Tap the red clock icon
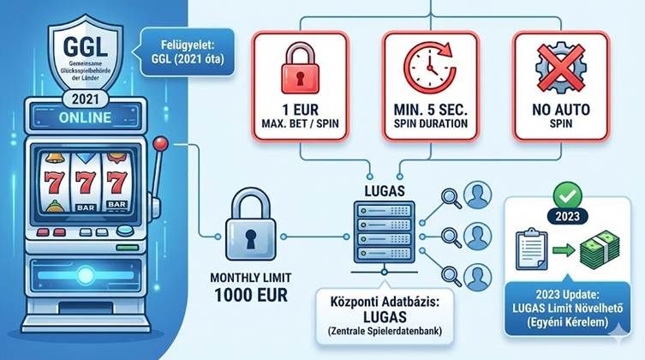tap(426, 67)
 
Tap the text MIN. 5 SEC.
tap(426, 111)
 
